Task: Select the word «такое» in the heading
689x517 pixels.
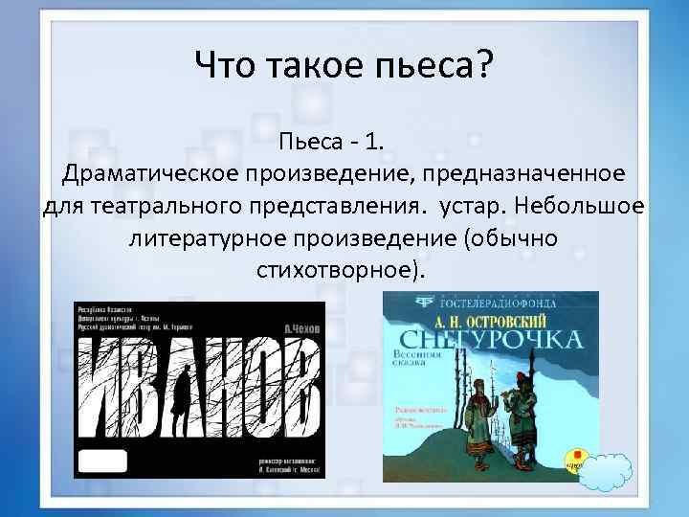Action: coord(322,67)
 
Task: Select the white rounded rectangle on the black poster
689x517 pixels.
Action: coord(103,460)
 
